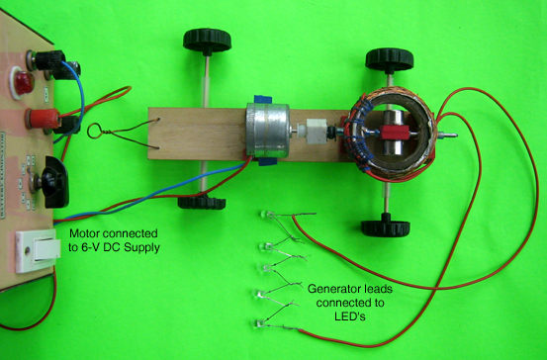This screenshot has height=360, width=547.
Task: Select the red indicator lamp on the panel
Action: [x=20, y=80]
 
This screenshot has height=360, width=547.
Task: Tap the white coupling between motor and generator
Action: [x=315, y=133]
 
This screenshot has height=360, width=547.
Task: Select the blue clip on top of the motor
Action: [x=265, y=99]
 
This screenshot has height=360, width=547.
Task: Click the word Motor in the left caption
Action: [x=86, y=233]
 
